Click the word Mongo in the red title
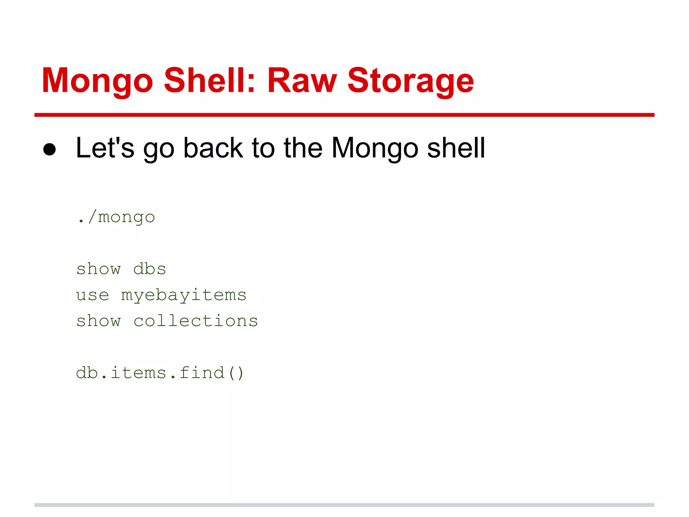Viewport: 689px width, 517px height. [98, 81]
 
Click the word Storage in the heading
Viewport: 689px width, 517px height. [410, 81]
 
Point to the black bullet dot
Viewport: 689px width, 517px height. [49, 149]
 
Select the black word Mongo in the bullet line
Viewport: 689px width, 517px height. [375, 148]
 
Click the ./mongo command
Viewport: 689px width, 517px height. [116, 217]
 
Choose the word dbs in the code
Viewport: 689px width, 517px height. [150, 269]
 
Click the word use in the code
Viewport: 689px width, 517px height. [93, 295]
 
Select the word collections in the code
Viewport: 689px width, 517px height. [196, 321]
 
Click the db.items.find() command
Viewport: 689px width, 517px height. [160, 373]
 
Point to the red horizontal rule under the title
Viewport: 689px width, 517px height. [344, 115]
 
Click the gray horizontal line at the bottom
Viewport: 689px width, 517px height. [344, 505]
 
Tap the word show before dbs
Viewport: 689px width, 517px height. [98, 269]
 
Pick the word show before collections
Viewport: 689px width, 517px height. [98, 321]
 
